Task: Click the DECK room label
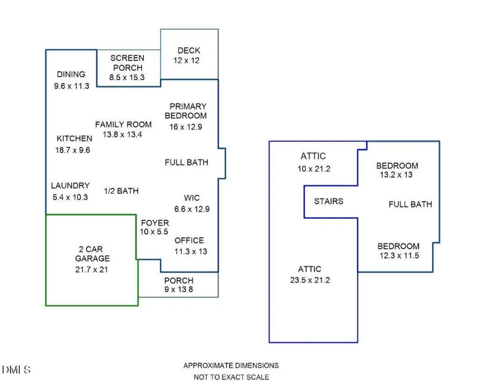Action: (x=189, y=50)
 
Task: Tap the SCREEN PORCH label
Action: (x=128, y=63)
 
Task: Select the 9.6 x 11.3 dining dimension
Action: (x=72, y=86)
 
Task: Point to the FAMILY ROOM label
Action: (x=123, y=125)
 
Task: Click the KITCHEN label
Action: (x=74, y=139)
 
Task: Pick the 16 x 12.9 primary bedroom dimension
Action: (x=186, y=127)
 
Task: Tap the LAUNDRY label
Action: (x=70, y=186)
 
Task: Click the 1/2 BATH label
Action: (x=122, y=191)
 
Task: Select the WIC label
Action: (x=192, y=198)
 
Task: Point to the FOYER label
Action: (x=155, y=223)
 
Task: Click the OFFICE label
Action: (x=189, y=240)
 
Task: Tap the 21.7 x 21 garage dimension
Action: (x=92, y=270)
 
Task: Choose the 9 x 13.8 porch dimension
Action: (x=179, y=289)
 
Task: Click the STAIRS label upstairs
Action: (x=329, y=201)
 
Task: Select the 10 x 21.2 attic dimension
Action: (x=314, y=169)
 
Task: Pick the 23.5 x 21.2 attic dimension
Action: (x=310, y=280)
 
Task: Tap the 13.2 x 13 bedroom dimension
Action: (x=396, y=175)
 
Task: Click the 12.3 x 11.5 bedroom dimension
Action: (x=399, y=256)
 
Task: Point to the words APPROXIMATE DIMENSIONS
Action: (x=231, y=366)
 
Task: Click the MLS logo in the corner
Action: (x=16, y=370)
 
